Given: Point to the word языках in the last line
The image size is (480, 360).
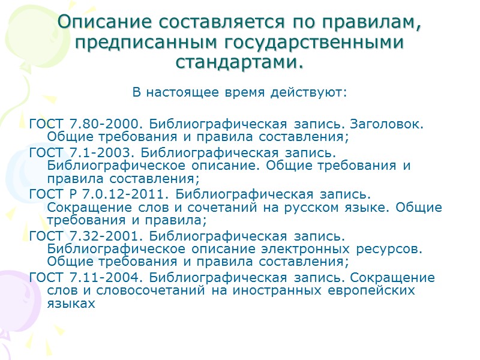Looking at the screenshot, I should (71, 304).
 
